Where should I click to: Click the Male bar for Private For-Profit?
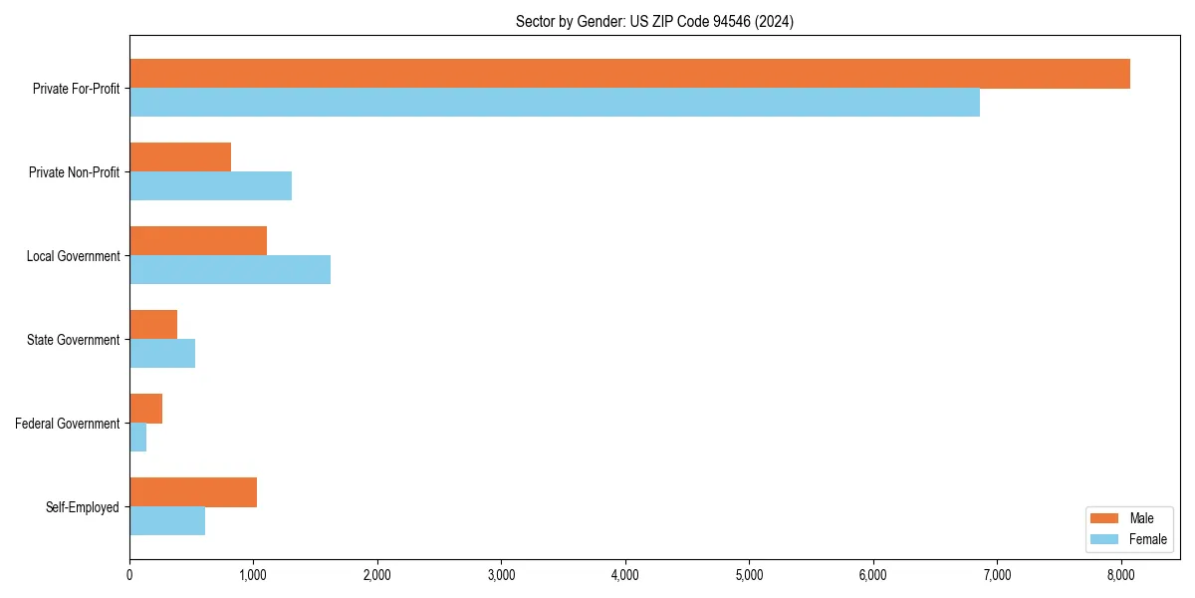(629, 74)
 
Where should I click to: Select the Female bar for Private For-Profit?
(555, 103)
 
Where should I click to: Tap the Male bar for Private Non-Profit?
(180, 157)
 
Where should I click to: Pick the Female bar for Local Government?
(230, 270)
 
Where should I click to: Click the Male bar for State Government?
(153, 325)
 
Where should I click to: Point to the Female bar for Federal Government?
(138, 438)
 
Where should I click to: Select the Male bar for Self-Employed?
(193, 492)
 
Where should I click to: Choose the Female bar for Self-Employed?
(167, 521)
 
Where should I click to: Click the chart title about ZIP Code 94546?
(654, 21)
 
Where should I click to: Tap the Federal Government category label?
(68, 424)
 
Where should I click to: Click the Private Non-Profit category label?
(74, 172)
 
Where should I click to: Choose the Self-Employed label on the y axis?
(83, 507)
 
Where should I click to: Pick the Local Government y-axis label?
(74, 256)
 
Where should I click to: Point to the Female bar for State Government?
(162, 354)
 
